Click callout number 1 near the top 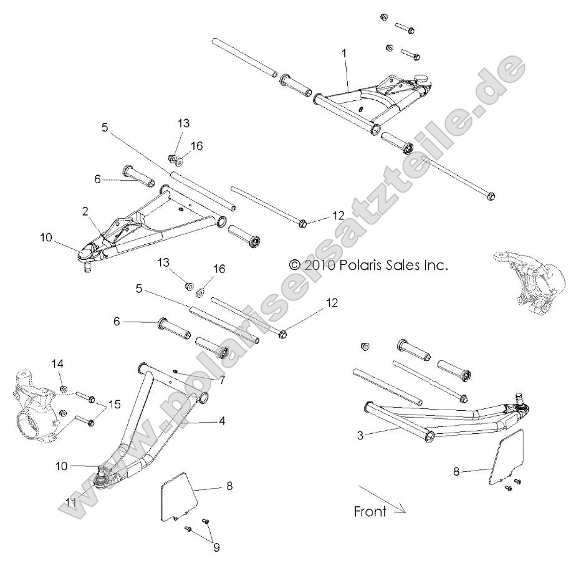pos(343,54)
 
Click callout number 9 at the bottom pos(216,548)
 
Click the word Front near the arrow pos(370,512)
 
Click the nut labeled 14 pos(64,390)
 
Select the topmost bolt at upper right pos(405,28)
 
